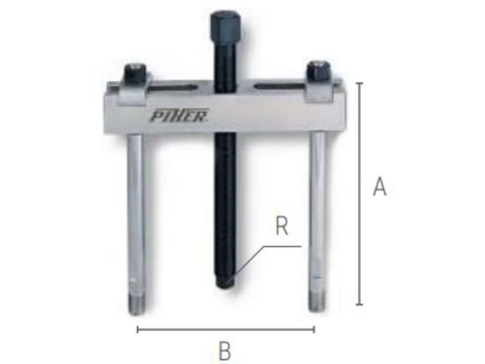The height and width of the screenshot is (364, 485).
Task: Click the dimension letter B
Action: [225, 352]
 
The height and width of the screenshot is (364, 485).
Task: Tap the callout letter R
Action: [282, 227]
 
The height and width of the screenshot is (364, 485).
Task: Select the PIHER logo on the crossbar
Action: [179, 116]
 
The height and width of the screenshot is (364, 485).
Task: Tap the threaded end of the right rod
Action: [316, 301]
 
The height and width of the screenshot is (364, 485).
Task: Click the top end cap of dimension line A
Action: [359, 83]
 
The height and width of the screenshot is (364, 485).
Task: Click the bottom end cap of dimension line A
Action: [359, 304]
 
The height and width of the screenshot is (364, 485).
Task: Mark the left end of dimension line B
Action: [138, 329]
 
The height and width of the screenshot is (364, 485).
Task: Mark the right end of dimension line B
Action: [314, 329]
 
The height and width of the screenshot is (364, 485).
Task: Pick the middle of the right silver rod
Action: [317, 213]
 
